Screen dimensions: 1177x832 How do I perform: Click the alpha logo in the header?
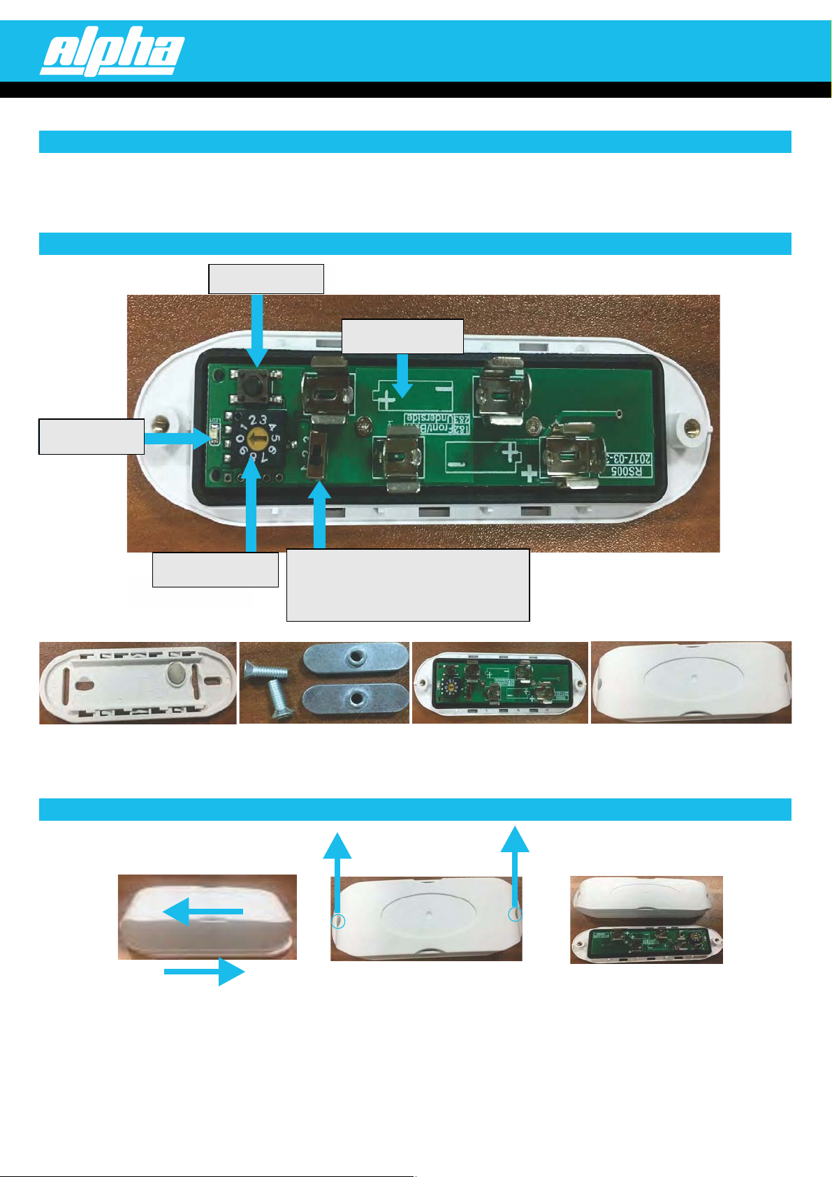(112, 51)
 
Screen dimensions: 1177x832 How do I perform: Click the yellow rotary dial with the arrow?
(256, 439)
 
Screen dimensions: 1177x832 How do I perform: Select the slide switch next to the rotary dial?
(317, 454)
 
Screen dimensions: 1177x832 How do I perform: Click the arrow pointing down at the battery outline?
(402, 375)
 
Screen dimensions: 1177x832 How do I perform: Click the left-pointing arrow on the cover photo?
(203, 912)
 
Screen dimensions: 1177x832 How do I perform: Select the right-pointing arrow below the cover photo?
(205, 972)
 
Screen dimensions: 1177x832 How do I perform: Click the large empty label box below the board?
(408, 585)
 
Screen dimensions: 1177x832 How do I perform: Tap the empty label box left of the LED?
(92, 437)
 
